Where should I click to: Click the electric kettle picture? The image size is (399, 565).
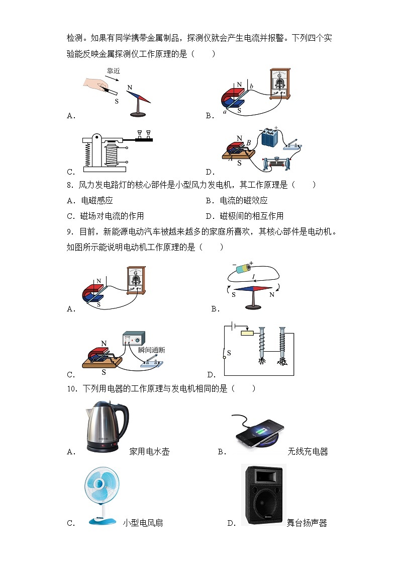(x=106, y=427)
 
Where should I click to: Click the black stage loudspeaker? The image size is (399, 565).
(x=263, y=495)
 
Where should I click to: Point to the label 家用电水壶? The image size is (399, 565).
(x=149, y=452)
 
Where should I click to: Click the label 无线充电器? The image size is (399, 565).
(x=308, y=452)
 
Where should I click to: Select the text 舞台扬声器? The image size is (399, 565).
(x=307, y=523)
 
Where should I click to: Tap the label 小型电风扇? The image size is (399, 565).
(x=143, y=523)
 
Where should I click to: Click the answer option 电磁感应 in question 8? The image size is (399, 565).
(x=96, y=201)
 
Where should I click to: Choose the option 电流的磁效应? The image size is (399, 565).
(x=243, y=201)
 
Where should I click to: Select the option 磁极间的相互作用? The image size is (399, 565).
(x=251, y=216)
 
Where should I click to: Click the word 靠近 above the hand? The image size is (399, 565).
(x=113, y=71)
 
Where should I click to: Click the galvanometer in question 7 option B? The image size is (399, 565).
(x=280, y=83)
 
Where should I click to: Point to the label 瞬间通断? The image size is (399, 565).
(x=151, y=350)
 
